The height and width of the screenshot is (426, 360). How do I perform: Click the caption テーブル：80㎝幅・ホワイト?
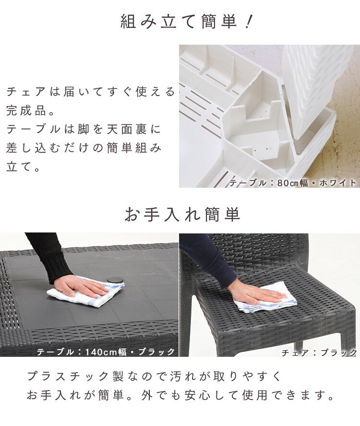[293, 183]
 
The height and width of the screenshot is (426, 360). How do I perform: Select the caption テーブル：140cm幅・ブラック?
[106, 352]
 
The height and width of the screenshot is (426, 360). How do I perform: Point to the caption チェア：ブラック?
[319, 353]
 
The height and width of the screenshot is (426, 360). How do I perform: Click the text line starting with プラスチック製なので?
[154, 376]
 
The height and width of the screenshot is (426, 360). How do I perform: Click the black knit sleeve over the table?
[46, 255]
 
